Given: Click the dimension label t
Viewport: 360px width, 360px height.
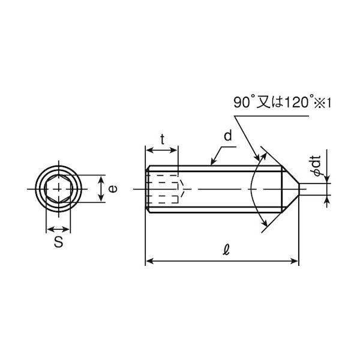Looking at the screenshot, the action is coord(163,139).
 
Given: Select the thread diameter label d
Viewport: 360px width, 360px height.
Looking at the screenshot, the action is coord(228,136).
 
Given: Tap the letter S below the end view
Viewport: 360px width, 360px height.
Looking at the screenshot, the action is coord(59,242).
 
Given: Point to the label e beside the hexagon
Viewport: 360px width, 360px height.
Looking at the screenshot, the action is coord(113,189).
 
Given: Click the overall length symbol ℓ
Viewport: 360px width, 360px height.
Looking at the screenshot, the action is coord(226,250).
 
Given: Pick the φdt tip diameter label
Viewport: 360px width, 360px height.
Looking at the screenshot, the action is coord(317,166).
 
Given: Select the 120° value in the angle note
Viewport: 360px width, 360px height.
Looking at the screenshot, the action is coord(298,103).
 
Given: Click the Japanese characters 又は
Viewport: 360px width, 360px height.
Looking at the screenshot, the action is coord(269,103).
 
